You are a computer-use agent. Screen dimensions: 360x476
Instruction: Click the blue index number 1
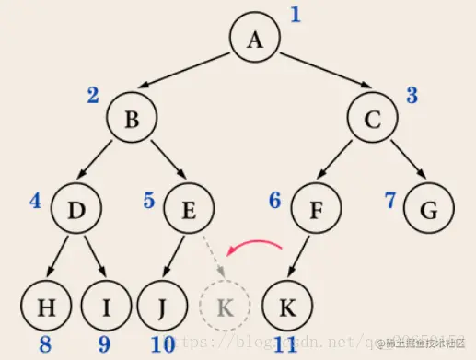click(x=296, y=14)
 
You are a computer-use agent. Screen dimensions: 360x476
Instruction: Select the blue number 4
click(x=35, y=199)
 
